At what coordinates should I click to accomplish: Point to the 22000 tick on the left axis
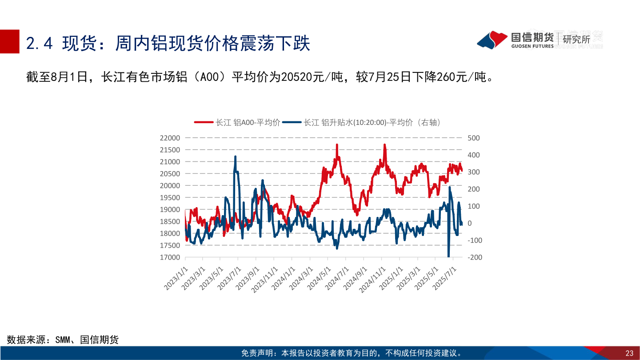pos(169,138)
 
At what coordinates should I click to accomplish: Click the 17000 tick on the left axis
pos(169,257)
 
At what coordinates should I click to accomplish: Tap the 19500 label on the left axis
pos(169,197)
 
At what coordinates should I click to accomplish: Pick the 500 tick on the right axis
pos(474,138)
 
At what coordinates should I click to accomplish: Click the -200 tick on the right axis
pos(474,257)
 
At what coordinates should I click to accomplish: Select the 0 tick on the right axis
pos(470,223)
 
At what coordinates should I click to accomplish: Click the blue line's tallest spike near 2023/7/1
pos(235,157)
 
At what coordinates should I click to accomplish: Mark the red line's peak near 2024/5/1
pos(337,145)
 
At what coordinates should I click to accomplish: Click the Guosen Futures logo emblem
pos(492,40)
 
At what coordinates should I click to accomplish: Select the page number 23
pos(629,353)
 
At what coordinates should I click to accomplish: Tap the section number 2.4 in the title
pos(40,44)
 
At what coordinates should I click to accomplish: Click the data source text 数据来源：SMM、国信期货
pos(63,340)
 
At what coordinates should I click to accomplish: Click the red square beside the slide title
pos(10,42)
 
